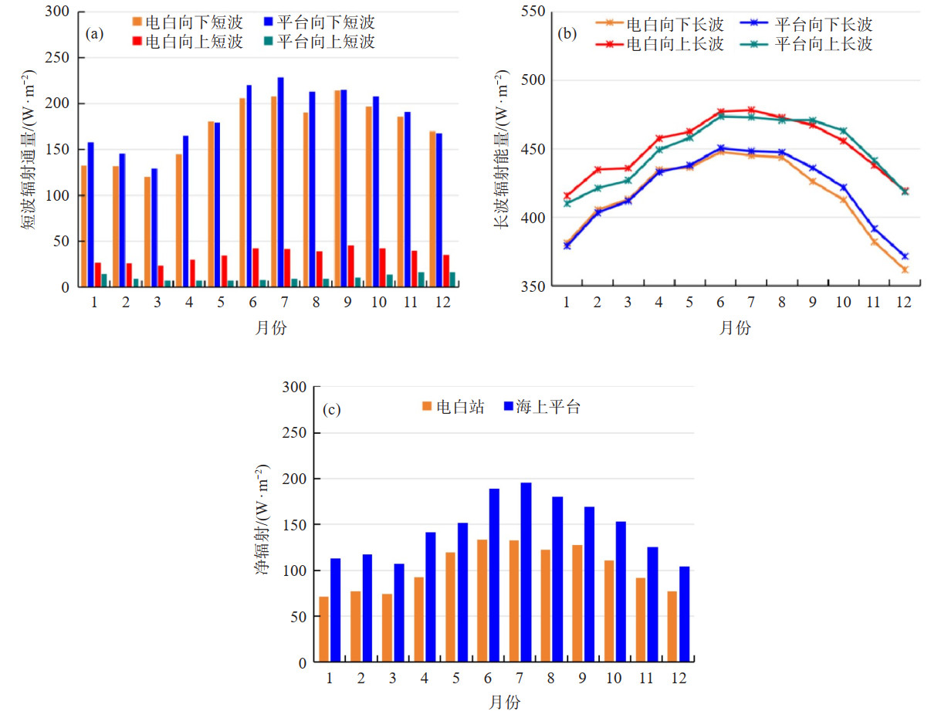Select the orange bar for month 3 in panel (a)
coord(147,232)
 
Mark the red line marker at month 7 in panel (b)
coord(750,110)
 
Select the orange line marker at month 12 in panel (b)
coord(905,269)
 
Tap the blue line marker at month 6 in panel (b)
coord(721,148)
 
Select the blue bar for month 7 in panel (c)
coord(526,572)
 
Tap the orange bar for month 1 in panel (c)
coord(323,628)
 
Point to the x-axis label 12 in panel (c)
coord(679,678)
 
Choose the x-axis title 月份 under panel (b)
coord(734,327)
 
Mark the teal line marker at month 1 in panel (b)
coord(567,203)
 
